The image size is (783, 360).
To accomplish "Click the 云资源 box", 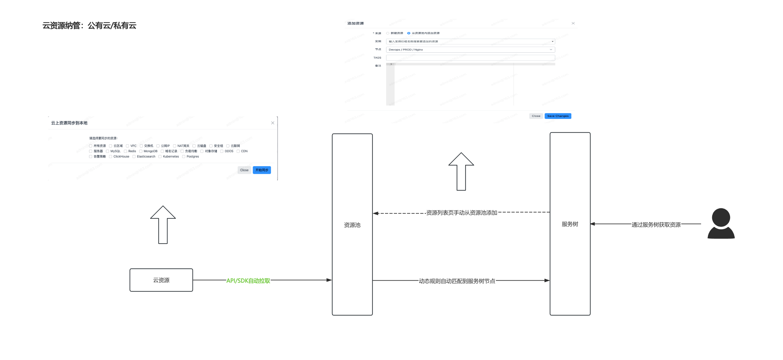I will [x=161, y=280].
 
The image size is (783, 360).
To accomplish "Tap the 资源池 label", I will [x=352, y=225].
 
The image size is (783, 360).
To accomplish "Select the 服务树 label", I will [x=570, y=224].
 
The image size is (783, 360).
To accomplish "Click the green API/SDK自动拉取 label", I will [x=248, y=280].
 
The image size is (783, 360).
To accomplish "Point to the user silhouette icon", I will [x=721, y=223].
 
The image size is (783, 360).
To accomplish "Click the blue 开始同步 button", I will [x=262, y=170].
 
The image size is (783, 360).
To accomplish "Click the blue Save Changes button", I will [x=558, y=116].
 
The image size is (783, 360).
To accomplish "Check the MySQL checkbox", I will [x=108, y=151].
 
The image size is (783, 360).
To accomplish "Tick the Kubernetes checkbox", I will [x=160, y=157].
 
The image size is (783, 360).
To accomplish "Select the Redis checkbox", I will [x=125, y=151].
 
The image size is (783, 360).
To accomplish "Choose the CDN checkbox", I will [x=238, y=151].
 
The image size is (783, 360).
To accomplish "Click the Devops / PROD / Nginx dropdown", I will [x=470, y=50].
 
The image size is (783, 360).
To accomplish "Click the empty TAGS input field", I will [x=470, y=58].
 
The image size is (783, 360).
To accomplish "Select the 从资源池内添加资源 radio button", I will [x=409, y=33].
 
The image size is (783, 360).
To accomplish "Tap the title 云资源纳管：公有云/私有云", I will [x=89, y=26].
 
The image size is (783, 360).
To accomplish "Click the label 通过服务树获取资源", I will [x=656, y=225].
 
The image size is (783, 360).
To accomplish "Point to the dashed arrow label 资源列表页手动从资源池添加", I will [x=461, y=213].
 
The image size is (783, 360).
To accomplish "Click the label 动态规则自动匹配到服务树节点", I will [x=457, y=281].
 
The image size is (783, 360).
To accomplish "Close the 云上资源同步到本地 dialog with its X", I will [x=273, y=123].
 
